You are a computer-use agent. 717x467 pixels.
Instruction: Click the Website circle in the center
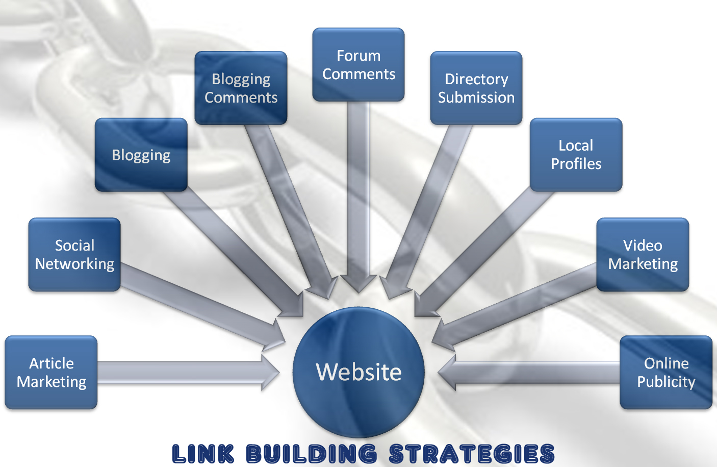[x=358, y=372]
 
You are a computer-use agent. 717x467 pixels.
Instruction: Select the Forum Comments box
[x=358, y=65]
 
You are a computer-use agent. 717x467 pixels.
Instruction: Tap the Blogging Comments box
[x=241, y=88]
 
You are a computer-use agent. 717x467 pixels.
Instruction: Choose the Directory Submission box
[x=476, y=88]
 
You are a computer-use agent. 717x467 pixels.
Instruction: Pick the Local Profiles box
[x=576, y=155]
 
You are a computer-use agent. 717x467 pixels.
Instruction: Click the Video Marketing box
[x=643, y=255]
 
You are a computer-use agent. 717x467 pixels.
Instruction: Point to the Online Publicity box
[x=666, y=373]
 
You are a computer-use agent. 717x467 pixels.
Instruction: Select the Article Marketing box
[x=51, y=373]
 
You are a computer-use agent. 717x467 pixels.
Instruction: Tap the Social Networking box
[x=74, y=255]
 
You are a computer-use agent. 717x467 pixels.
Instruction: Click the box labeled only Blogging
[x=141, y=155]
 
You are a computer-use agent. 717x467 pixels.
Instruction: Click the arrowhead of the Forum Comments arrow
[x=358, y=283]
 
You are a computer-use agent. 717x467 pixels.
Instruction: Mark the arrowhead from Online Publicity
[x=447, y=373]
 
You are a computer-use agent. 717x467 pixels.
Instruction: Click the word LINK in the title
[x=203, y=454]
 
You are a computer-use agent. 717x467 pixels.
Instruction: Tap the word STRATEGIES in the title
[x=472, y=454]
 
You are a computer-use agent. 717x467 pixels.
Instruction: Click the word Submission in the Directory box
[x=476, y=97]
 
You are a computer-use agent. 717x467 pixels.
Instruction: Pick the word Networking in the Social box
[x=74, y=264]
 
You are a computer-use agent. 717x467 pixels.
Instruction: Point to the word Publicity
[x=666, y=382]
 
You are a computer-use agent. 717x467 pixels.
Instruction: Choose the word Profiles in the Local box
[x=576, y=164]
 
